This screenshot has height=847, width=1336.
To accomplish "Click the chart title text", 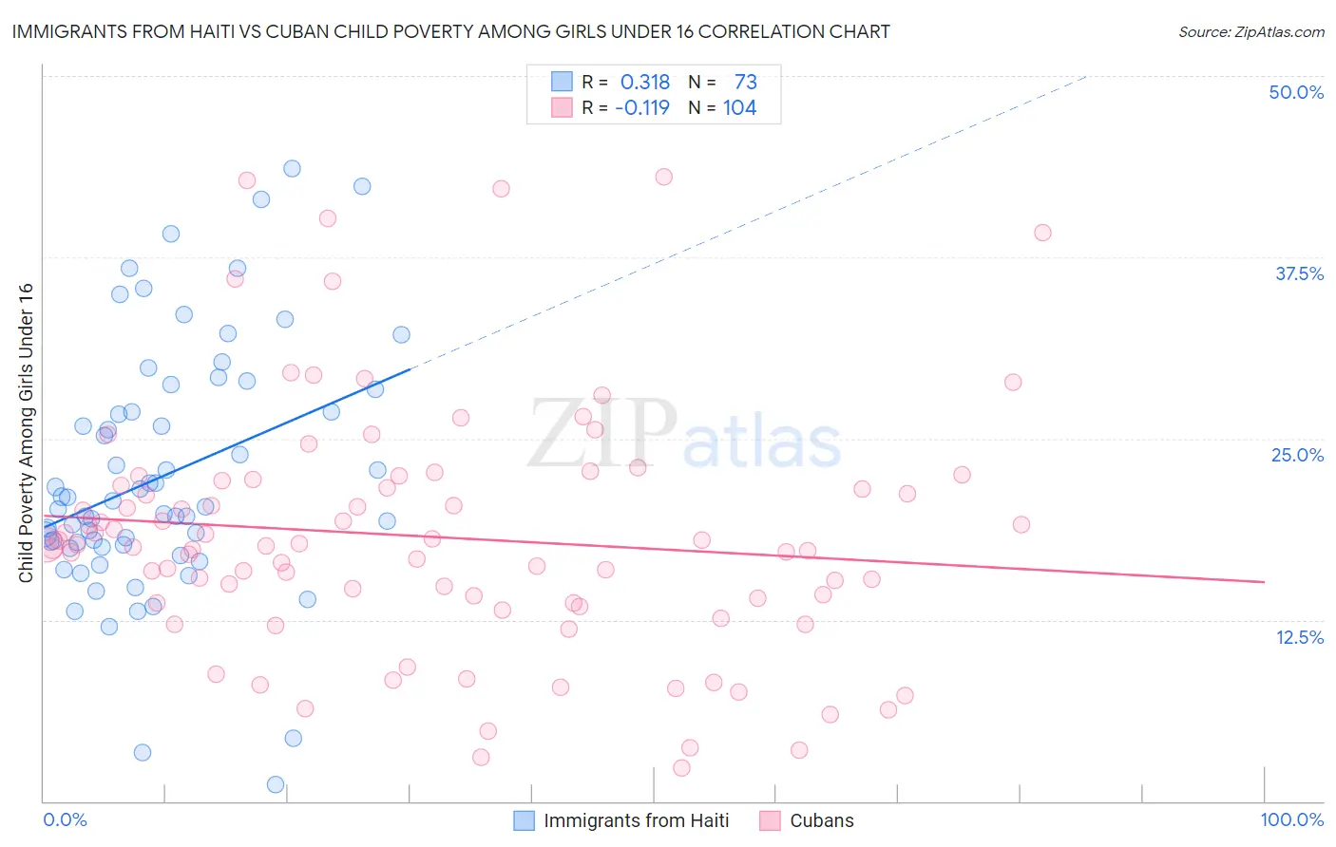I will (x=450, y=31).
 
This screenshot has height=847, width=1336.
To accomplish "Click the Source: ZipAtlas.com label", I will (x=1250, y=31).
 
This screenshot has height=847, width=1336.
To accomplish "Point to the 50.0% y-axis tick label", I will (x=1296, y=92).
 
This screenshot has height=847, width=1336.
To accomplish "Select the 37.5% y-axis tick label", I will (x=1299, y=273).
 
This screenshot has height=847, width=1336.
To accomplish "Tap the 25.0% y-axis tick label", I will (x=1297, y=455).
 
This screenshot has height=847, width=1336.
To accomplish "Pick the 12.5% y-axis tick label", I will (x=1299, y=637).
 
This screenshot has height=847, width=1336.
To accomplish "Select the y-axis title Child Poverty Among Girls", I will (x=26, y=433).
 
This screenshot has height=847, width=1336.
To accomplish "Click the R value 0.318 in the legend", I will (x=645, y=83).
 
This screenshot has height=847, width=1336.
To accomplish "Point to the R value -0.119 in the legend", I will (x=642, y=107).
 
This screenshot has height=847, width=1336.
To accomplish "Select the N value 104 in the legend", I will (x=739, y=107).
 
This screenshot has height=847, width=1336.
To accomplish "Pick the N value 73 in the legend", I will (x=745, y=83).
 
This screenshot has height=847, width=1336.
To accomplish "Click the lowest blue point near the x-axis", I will (x=276, y=784).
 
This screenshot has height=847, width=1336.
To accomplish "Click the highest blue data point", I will (x=292, y=168).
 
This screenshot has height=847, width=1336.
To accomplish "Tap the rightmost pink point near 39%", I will (x=1042, y=233).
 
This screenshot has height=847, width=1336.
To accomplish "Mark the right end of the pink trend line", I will (x=1264, y=581).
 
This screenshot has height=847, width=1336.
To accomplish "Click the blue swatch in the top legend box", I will (x=563, y=83).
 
